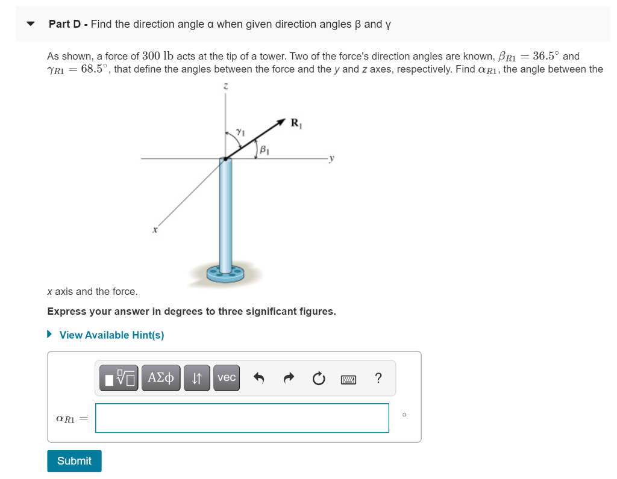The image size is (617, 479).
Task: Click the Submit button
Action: pyautogui.click(x=74, y=461)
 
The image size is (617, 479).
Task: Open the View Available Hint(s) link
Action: pyautogui.click(x=111, y=335)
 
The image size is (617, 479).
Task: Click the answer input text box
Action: pyautogui.click(x=242, y=418)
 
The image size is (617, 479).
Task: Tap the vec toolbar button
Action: pyautogui.click(x=226, y=378)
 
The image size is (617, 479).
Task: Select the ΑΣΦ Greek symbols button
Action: pyautogui.click(x=160, y=378)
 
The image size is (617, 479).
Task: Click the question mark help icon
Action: pyautogui.click(x=378, y=378)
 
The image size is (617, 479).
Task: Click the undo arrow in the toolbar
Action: pyautogui.click(x=258, y=379)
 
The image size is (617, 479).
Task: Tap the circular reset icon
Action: pyautogui.click(x=318, y=379)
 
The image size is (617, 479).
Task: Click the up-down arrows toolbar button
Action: pyautogui.click(x=196, y=378)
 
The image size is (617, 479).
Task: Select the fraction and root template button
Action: pyautogui.click(x=119, y=378)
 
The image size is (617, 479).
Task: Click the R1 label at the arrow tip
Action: pyautogui.click(x=296, y=125)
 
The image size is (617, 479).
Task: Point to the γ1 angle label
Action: pyautogui.click(x=240, y=131)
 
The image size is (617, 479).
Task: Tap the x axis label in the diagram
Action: pyautogui.click(x=155, y=229)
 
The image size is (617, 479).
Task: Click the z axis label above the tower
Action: pyautogui.click(x=225, y=87)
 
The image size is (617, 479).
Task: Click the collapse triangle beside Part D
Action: pyautogui.click(x=31, y=25)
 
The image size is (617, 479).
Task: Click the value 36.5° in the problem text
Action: pyautogui.click(x=546, y=56)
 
